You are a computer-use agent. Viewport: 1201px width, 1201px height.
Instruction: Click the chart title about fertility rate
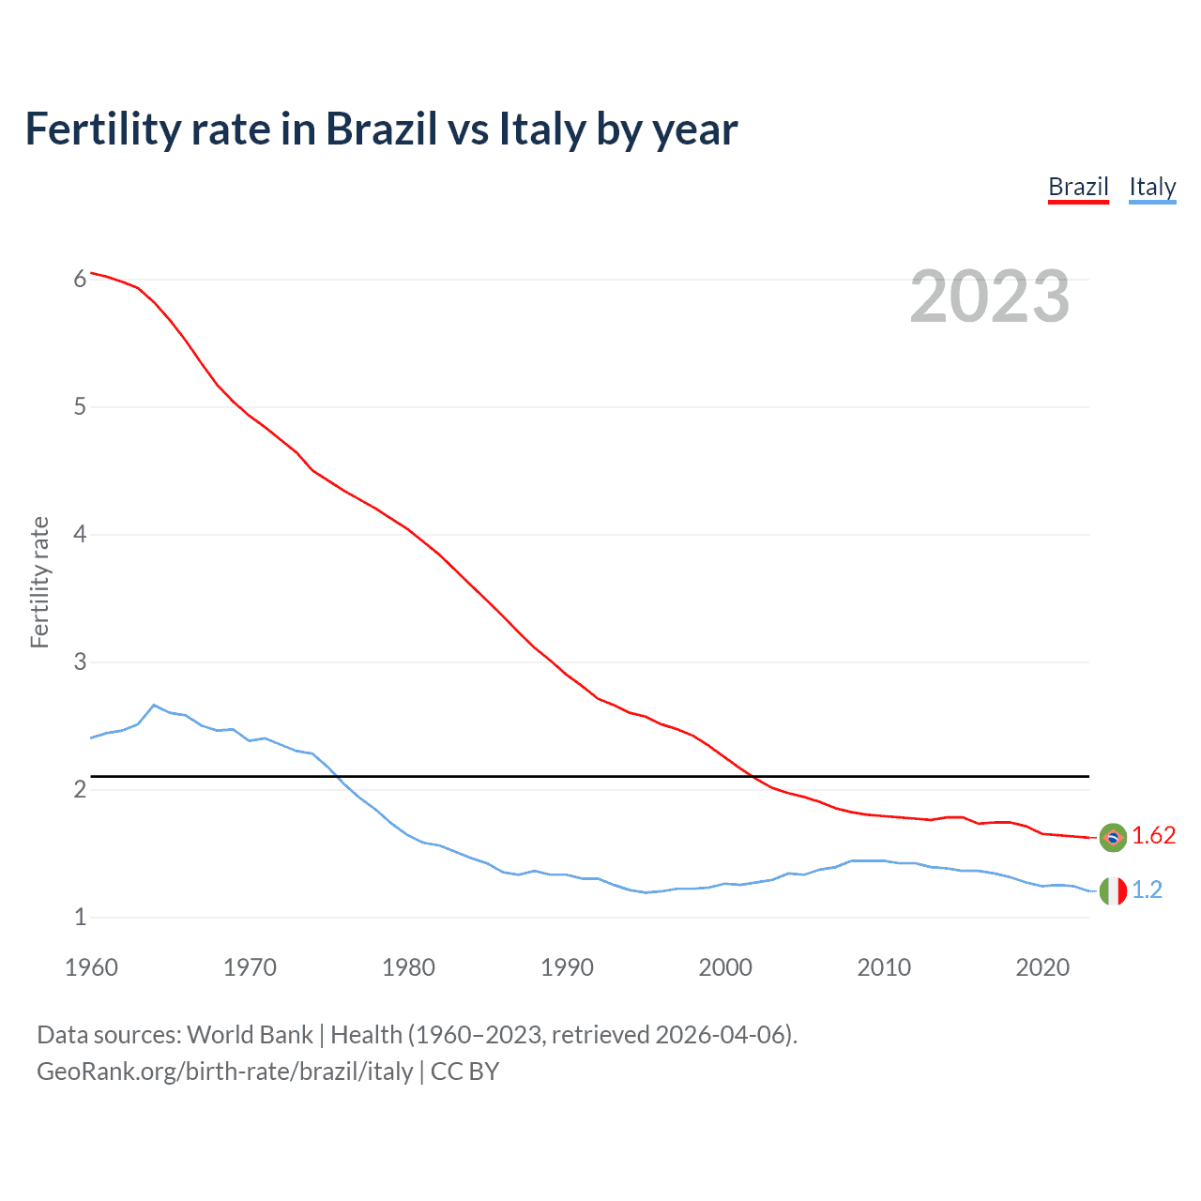(381, 129)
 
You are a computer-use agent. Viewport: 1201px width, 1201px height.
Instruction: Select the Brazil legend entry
(1078, 187)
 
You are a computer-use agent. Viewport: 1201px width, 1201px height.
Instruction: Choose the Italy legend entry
(1152, 187)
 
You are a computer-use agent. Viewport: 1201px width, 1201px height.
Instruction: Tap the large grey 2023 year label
(989, 296)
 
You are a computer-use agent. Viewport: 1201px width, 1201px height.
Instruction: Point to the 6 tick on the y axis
(80, 279)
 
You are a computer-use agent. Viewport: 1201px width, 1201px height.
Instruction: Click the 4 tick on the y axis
(80, 534)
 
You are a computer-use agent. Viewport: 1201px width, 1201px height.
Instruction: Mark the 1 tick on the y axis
(80, 917)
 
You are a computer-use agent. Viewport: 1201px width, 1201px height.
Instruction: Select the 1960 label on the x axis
(91, 967)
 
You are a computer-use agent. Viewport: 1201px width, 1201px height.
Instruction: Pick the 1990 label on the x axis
(567, 967)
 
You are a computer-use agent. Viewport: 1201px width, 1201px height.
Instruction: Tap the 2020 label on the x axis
(1042, 967)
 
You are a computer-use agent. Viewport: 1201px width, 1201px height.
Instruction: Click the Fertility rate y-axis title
(39, 582)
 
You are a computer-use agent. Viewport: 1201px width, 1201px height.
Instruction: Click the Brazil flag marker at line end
(1113, 837)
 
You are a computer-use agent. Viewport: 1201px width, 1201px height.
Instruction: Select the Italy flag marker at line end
(1113, 890)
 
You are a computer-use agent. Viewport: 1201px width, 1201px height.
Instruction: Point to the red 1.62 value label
(1153, 835)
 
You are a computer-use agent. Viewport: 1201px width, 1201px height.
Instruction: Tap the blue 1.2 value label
(1147, 889)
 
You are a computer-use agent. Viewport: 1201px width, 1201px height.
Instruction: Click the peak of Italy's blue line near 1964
(154, 705)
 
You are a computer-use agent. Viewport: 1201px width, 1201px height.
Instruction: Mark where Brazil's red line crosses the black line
(753, 776)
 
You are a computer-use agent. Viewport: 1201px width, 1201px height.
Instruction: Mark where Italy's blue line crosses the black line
(335, 776)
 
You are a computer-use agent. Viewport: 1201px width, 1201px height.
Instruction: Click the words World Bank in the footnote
(250, 1034)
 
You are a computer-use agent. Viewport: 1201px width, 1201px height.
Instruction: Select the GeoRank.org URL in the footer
(224, 1071)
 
